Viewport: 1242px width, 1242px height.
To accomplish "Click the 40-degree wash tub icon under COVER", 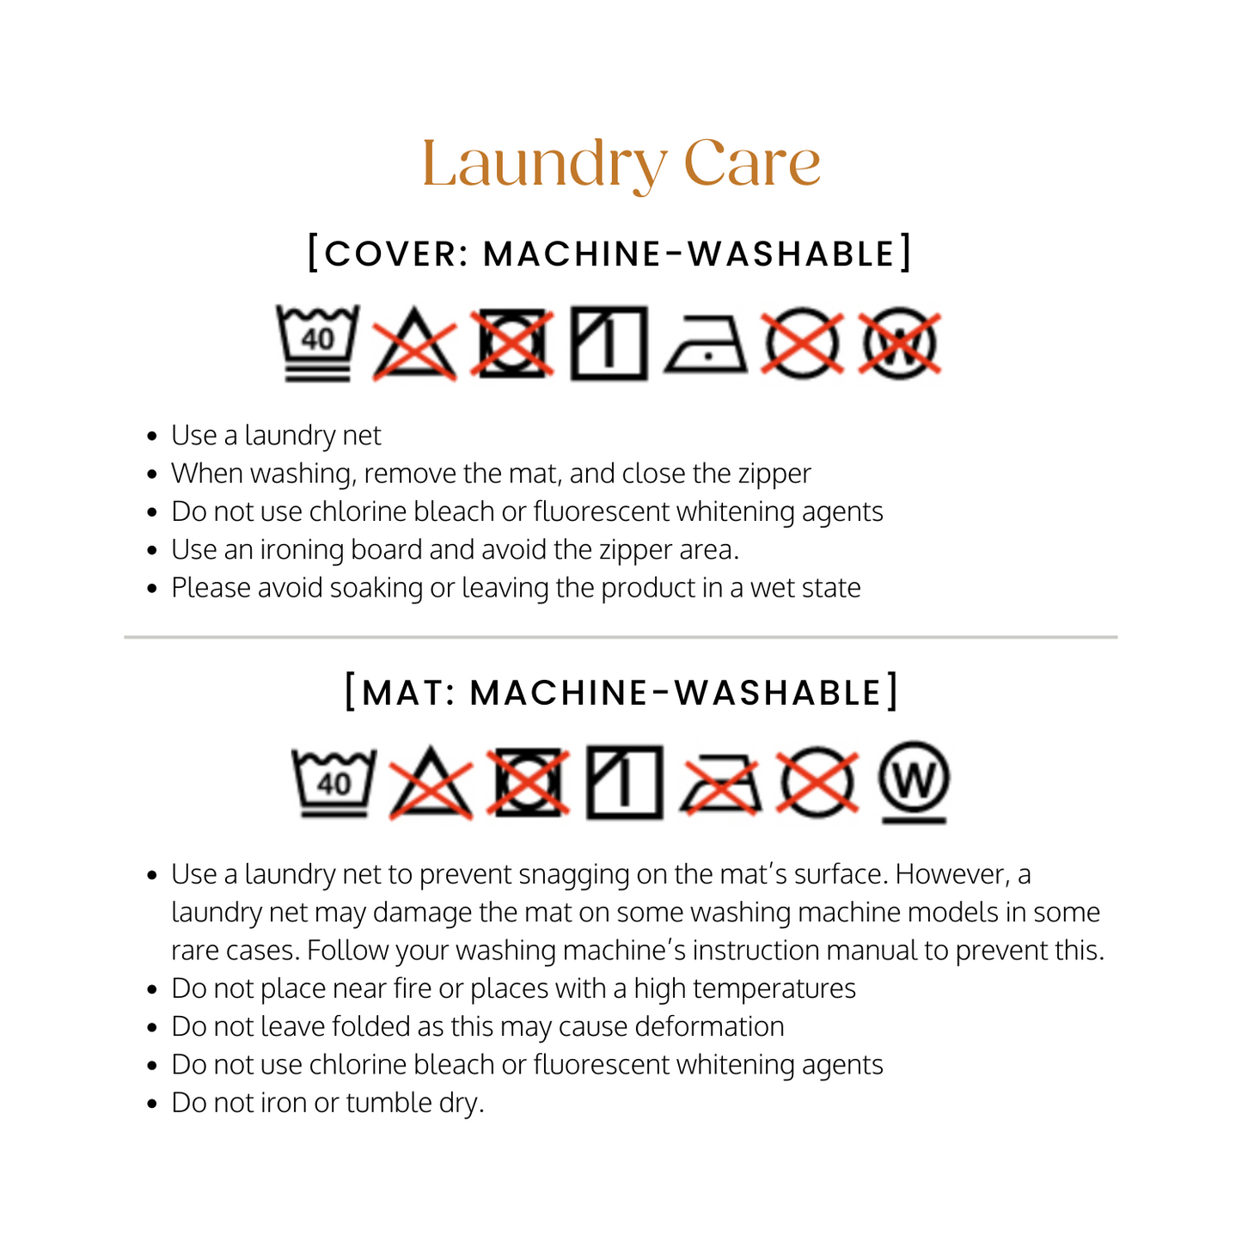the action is click(x=317, y=343).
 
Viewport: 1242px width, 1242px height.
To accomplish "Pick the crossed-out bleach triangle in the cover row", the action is click(x=414, y=344).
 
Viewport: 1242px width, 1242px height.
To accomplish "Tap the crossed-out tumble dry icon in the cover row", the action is click(x=511, y=344).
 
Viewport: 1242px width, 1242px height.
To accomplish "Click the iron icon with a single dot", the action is click(x=707, y=345).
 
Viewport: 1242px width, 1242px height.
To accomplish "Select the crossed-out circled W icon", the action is click(x=900, y=344).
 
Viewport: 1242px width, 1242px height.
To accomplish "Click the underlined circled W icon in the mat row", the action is click(x=914, y=782).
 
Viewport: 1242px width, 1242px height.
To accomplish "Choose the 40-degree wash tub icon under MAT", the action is click(x=333, y=783).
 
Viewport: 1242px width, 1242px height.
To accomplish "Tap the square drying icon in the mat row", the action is click(x=625, y=782).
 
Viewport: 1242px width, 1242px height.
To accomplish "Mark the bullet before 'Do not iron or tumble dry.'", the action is click(x=152, y=1104).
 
